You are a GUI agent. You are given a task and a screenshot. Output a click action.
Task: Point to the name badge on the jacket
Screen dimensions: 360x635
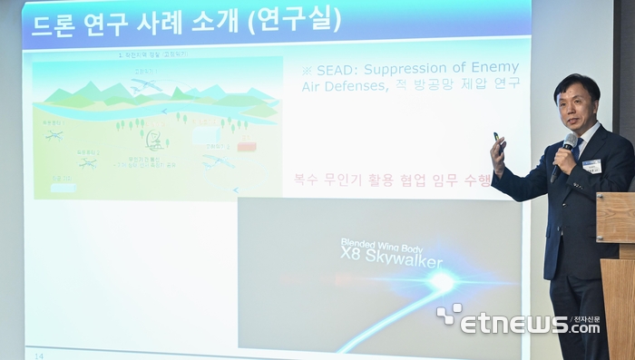coord(591,165)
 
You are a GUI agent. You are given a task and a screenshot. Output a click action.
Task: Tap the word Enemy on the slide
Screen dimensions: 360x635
coord(496,68)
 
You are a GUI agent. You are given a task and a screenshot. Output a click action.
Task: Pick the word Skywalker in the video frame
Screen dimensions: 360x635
coord(405,262)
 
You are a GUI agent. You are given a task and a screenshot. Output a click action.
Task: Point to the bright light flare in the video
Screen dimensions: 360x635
coord(442,282)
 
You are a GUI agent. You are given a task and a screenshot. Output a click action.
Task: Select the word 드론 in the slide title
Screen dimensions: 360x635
coord(54,20)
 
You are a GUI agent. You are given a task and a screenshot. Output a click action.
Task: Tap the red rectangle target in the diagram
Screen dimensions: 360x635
coord(246,145)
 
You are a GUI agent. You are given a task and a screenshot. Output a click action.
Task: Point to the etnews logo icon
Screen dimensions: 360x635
coord(448,316)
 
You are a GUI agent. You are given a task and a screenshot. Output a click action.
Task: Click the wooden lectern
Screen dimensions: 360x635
coord(617,272)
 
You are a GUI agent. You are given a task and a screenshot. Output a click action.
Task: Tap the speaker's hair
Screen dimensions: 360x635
coord(577,85)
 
